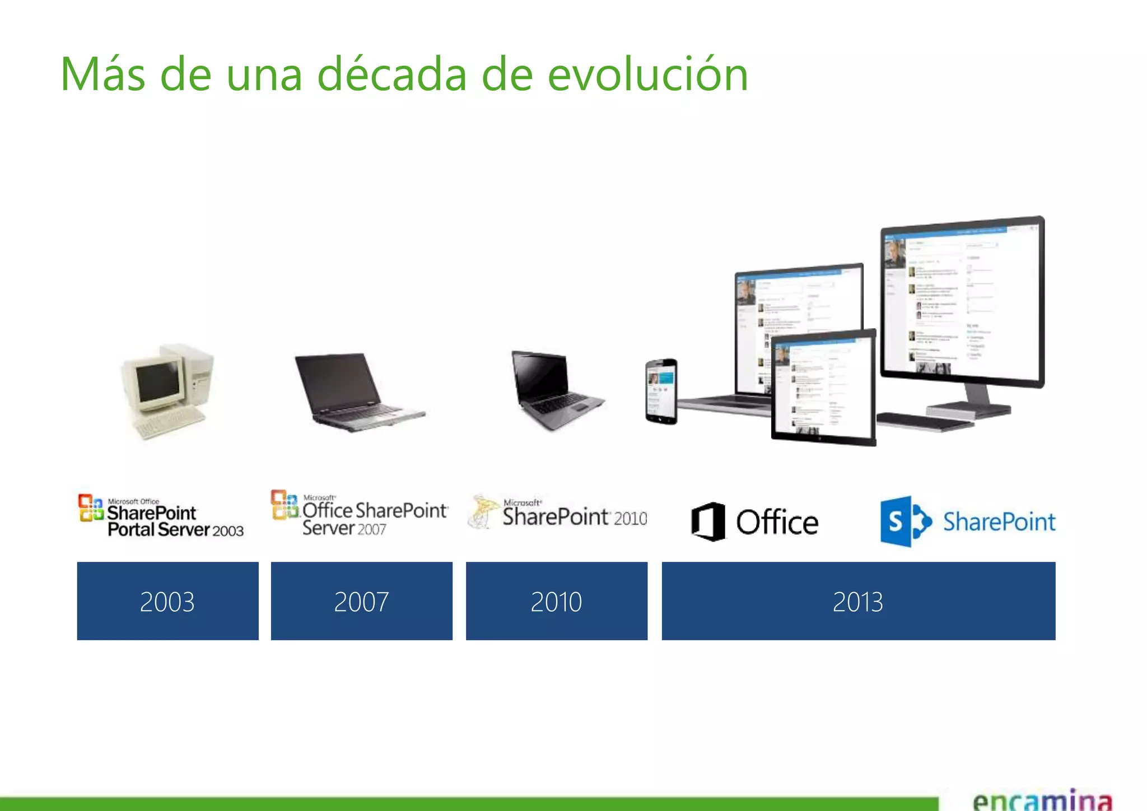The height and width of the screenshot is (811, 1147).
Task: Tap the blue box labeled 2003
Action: pyautogui.click(x=167, y=601)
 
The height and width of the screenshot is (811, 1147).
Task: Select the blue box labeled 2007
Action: pyautogui.click(x=361, y=601)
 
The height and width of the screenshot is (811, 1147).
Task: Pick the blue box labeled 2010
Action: pyautogui.click(x=556, y=601)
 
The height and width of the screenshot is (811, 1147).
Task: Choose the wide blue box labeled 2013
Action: pyautogui.click(x=858, y=601)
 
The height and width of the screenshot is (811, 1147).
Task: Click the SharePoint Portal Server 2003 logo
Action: pyautogui.click(x=161, y=516)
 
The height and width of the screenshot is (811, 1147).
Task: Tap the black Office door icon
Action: pyautogui.click(x=708, y=521)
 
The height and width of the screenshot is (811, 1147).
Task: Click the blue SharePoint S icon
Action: pyautogui.click(x=904, y=521)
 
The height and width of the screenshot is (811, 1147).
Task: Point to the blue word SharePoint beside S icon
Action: pyautogui.click(x=999, y=521)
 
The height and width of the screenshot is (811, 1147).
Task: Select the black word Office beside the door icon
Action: pyautogui.click(x=777, y=523)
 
